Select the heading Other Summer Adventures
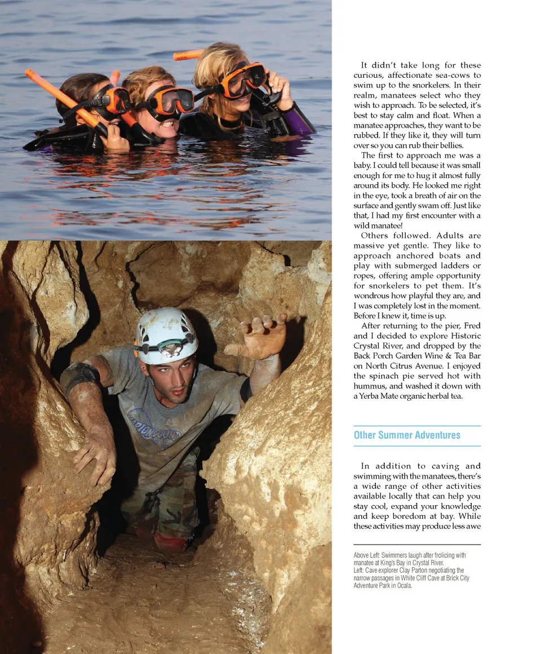pos(407,435)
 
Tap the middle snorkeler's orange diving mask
pos(172,100)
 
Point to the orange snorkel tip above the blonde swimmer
pos(188,55)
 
